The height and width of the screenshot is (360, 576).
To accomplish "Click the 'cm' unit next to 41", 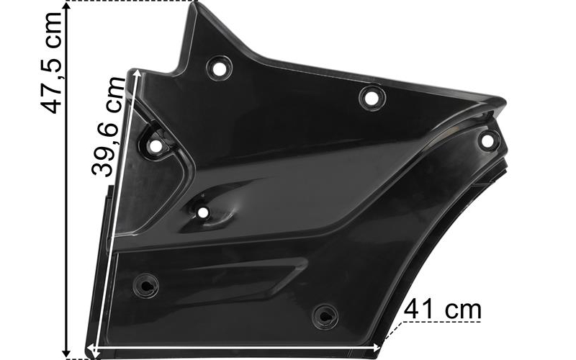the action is tap(464, 311).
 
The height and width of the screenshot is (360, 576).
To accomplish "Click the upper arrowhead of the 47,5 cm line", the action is tap(67, 6).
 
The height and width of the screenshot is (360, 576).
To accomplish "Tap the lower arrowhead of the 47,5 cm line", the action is tap(67, 353).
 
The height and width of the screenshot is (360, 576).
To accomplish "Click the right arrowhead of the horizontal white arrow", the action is tap(377, 347).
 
